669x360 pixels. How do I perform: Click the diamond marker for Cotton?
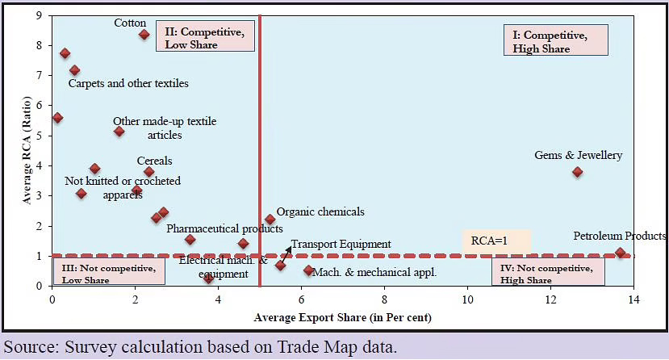tap(144, 34)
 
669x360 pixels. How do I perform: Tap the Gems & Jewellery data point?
tap(577, 172)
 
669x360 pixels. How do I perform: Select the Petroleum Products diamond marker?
tap(620, 253)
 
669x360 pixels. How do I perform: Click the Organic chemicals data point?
tap(270, 219)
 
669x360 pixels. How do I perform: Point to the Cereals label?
tap(154, 161)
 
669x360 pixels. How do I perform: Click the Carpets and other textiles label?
tap(128, 83)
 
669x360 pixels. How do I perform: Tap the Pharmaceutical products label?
tap(224, 229)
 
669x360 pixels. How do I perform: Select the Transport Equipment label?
tap(341, 244)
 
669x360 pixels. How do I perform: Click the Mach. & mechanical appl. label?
tap(374, 272)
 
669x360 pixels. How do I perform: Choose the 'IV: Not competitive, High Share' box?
tap(547, 273)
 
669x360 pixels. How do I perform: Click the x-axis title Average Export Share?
tap(342, 317)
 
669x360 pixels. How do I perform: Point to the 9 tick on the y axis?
tap(40, 16)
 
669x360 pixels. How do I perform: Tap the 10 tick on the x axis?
tap(467, 300)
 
